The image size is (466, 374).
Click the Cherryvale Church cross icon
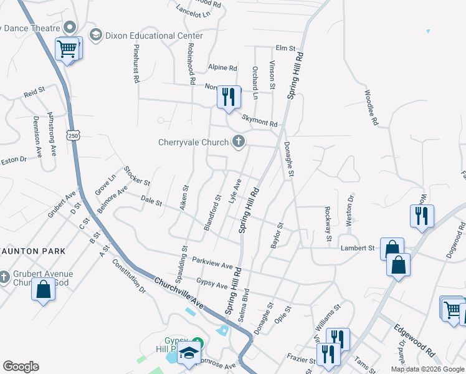237,143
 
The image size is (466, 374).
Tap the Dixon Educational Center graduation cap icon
96,36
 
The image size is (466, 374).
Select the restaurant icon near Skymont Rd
229,97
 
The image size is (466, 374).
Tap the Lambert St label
357,248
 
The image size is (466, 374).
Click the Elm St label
285,48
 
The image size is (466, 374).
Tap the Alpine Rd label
223,68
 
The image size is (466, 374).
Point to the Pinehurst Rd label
135,64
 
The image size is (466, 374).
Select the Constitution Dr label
129,277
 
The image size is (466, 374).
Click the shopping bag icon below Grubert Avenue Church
43,290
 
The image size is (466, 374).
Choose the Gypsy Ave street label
212,284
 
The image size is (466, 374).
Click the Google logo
21,367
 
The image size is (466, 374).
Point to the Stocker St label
137,176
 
